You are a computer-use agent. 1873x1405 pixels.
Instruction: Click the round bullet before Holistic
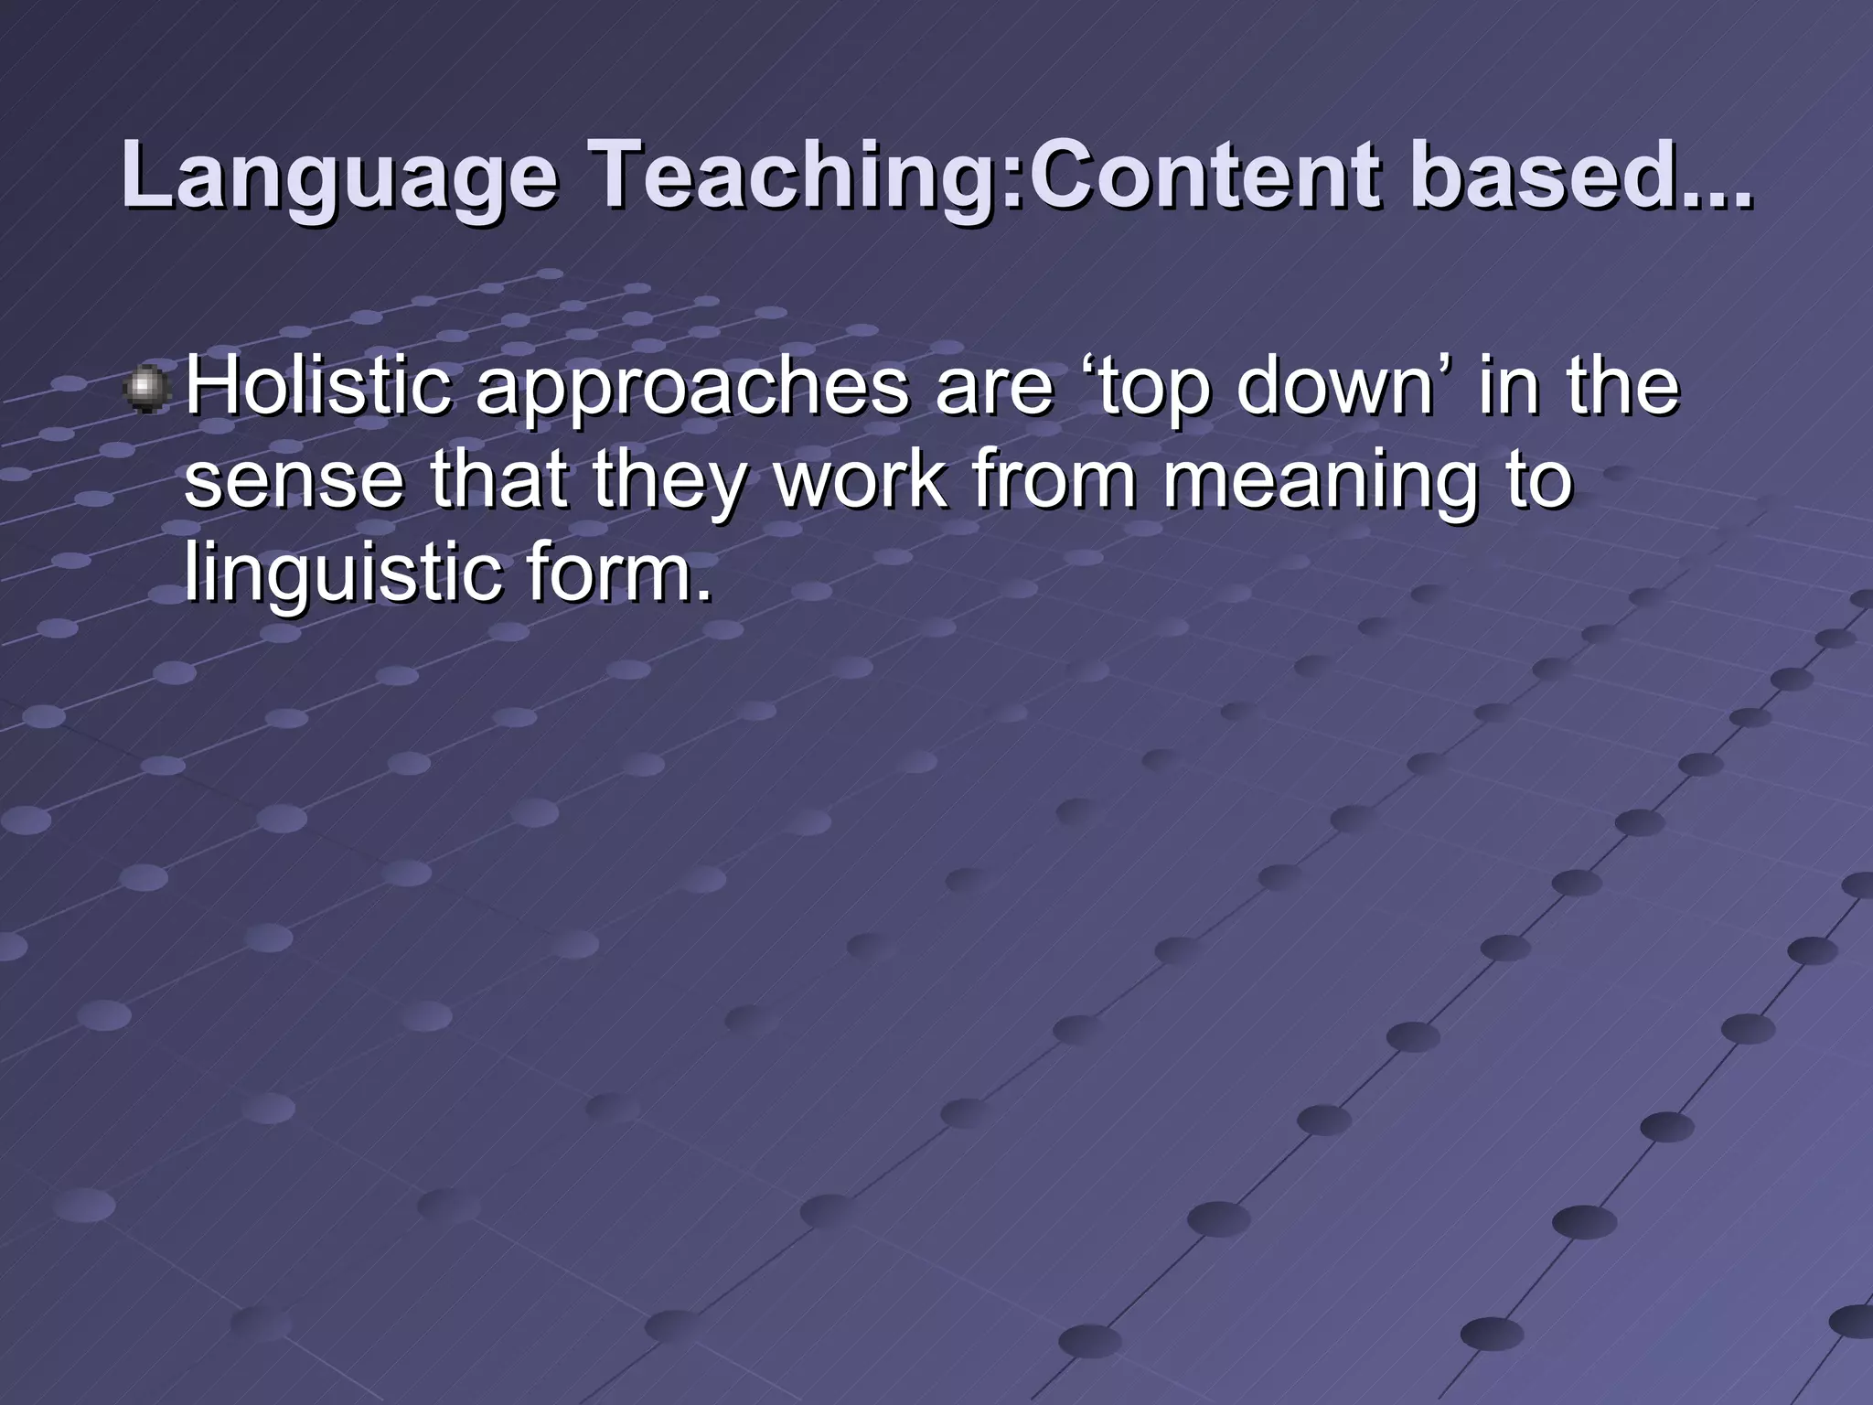click(x=145, y=390)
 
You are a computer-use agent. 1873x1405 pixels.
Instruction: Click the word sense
click(x=294, y=483)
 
